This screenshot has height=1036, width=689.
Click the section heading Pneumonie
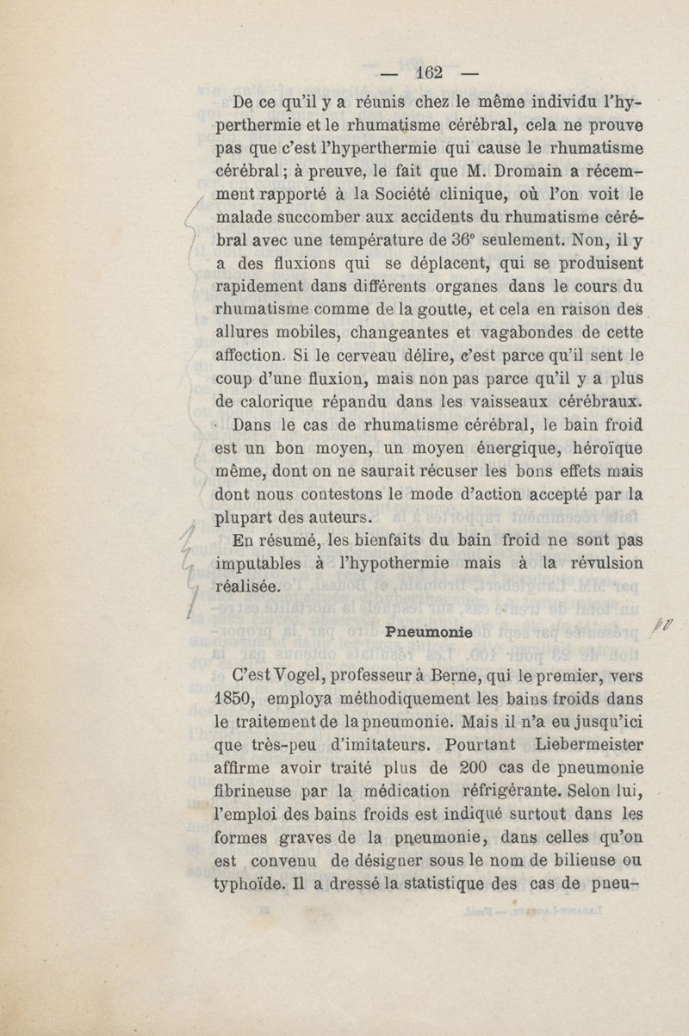[427, 631]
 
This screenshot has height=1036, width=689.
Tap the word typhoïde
[245, 883]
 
